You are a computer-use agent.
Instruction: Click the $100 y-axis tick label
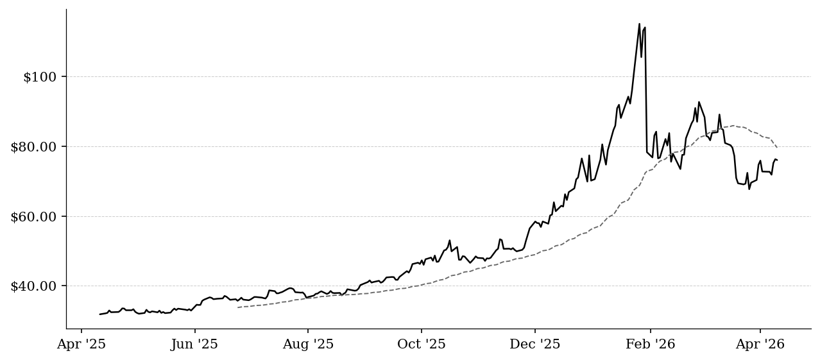pos(40,77)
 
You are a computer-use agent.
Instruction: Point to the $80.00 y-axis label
pos(33,147)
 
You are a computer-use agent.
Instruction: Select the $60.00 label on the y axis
pos(33,217)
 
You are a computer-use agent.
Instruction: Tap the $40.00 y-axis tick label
pos(33,286)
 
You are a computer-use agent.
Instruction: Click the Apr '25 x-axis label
pos(81,344)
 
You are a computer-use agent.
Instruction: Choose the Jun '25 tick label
pos(194,344)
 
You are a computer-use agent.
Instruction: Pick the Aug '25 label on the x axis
pos(308,344)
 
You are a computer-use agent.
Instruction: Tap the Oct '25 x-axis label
pos(422,344)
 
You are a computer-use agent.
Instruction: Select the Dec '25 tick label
pos(535,344)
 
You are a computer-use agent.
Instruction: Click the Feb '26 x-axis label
pos(651,344)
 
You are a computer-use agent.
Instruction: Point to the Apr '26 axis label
pos(760,344)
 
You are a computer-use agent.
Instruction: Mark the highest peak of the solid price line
pos(640,24)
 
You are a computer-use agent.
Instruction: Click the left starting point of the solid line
pos(99,314)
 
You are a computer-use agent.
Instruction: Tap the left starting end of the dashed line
pos(237,307)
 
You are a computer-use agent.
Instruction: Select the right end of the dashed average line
pos(777,147)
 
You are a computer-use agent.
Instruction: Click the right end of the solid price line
pos(777,160)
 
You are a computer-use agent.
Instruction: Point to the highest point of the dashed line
pos(733,126)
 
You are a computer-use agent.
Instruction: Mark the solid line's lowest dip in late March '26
pos(749,189)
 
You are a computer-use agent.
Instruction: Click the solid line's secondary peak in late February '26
pos(699,102)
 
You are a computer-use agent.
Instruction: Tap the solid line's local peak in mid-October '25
pos(450,241)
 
